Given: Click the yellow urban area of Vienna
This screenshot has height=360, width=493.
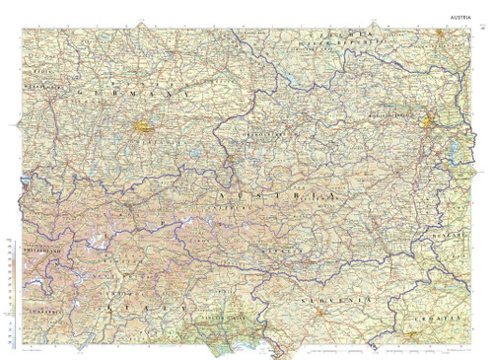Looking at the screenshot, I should coord(432,121).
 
